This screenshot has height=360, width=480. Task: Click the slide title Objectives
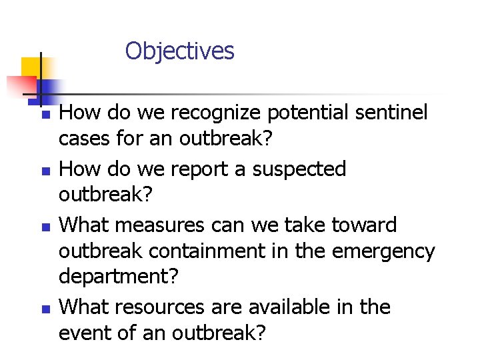pos(179,51)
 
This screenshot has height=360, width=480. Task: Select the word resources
pos(169,307)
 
